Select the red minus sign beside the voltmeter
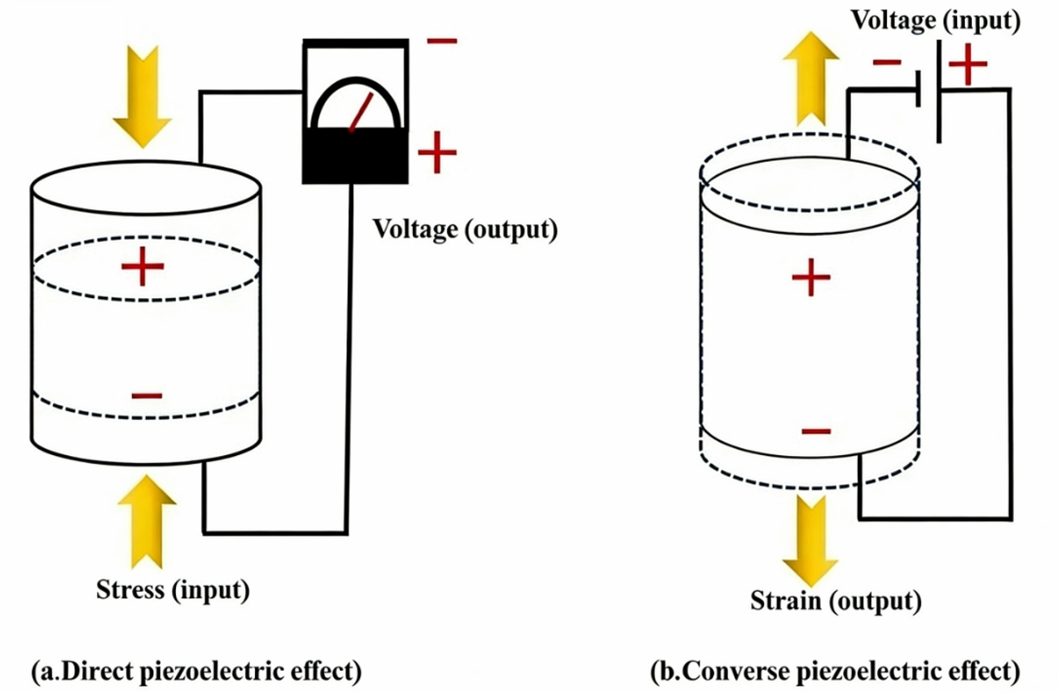(441, 40)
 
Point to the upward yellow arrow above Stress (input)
(147, 521)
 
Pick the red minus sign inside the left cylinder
(147, 396)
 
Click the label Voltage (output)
(465, 229)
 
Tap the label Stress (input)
(173, 589)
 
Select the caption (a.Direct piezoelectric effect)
(195, 672)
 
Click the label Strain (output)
(836, 602)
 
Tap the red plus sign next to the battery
(968, 66)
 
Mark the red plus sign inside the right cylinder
(810, 279)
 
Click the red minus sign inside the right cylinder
(815, 431)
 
